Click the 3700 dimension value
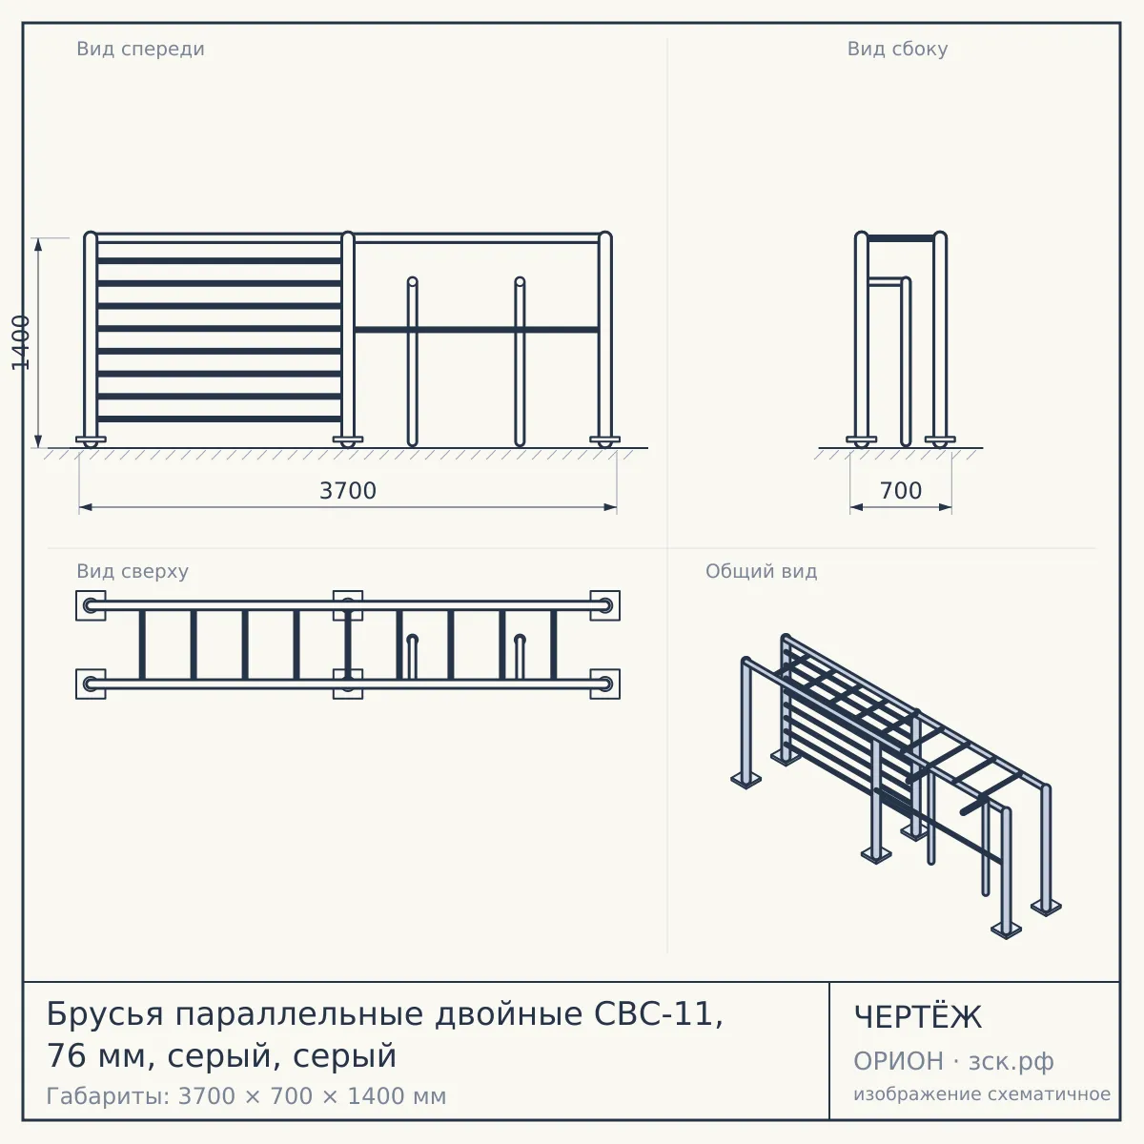click(x=348, y=490)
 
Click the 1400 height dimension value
click(x=21, y=342)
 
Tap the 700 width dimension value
click(x=901, y=490)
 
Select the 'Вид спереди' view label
click(x=141, y=50)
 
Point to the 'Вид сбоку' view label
click(x=897, y=49)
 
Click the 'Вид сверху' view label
click(x=133, y=571)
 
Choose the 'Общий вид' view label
click(x=761, y=571)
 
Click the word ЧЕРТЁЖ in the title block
click(x=918, y=1017)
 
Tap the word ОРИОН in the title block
click(x=898, y=1061)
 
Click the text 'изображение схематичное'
click(x=982, y=1094)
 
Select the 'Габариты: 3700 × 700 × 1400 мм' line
click(x=246, y=1096)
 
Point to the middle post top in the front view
click(x=348, y=236)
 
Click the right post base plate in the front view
click(x=605, y=439)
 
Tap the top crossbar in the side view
click(x=901, y=238)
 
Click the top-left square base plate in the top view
click(x=91, y=605)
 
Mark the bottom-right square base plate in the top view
click(x=605, y=684)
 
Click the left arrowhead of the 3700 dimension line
click(x=86, y=507)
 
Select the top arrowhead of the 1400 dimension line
click(x=38, y=245)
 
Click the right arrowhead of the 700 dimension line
click(x=945, y=507)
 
